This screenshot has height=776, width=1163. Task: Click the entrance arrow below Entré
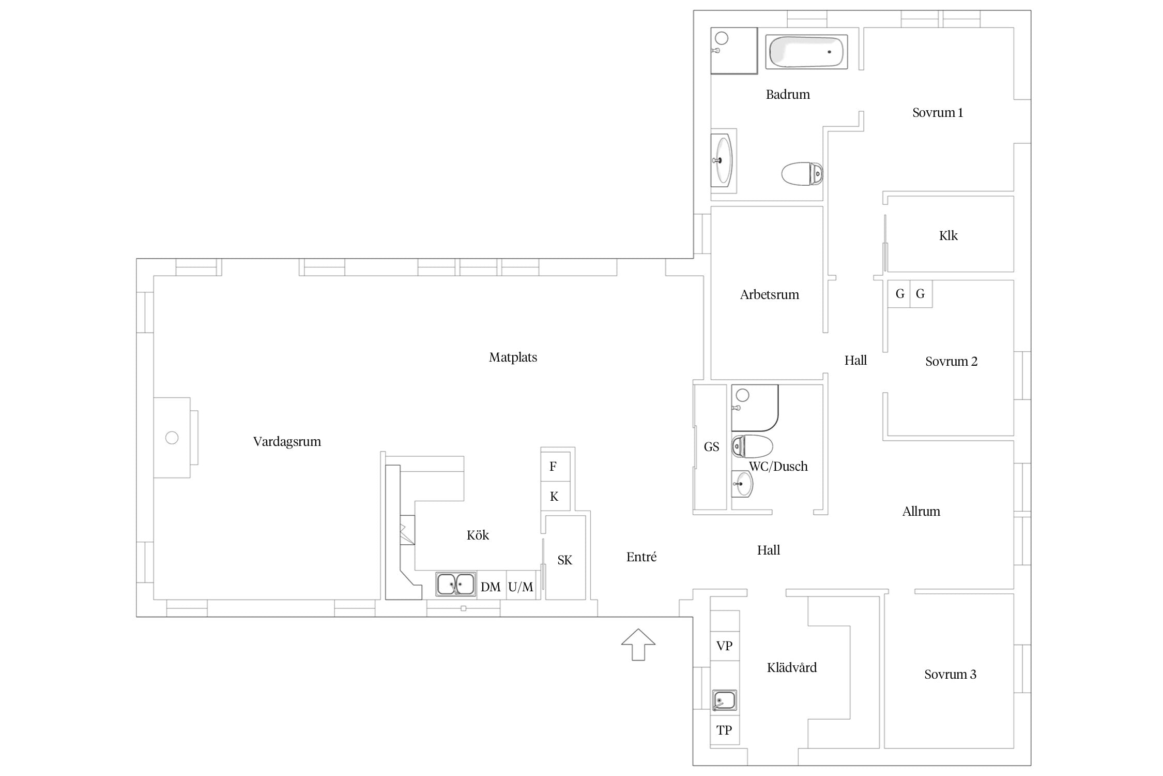638,645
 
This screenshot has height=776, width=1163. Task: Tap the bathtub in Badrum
806,52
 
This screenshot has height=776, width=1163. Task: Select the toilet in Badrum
802,174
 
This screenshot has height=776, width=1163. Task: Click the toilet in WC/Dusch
752,446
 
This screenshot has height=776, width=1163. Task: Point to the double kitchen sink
455,585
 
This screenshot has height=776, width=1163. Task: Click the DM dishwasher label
491,587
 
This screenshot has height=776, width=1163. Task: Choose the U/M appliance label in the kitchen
521,587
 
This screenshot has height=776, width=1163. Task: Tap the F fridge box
555,467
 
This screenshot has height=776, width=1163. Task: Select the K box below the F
555,497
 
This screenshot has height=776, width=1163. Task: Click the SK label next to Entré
565,560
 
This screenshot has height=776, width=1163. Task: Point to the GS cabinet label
711,447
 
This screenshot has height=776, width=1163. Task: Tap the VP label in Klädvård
724,646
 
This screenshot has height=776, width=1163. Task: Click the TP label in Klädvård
724,730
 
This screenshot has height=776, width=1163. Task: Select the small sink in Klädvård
724,700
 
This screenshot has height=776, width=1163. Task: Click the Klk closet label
948,236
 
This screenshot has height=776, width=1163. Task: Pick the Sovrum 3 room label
950,675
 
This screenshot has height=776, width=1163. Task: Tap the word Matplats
513,357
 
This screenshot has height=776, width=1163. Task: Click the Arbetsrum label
769,295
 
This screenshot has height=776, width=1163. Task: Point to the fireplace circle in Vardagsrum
172,438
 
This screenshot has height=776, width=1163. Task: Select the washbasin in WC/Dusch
742,484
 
